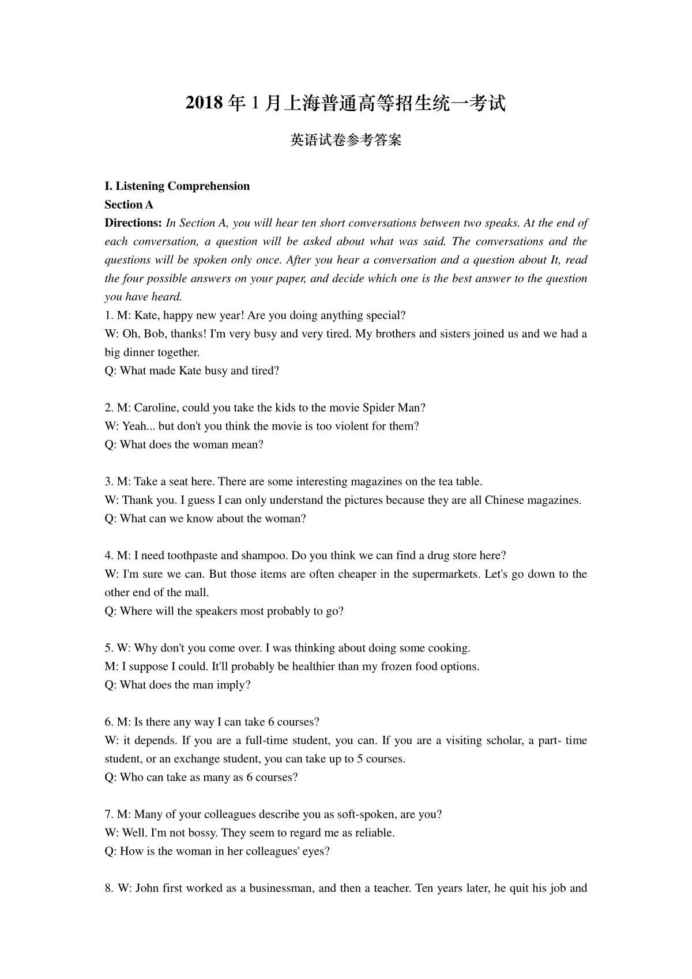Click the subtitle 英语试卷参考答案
[x=345, y=140]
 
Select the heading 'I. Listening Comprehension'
[x=177, y=186]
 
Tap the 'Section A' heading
[x=129, y=205]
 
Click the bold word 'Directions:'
[x=133, y=223]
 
